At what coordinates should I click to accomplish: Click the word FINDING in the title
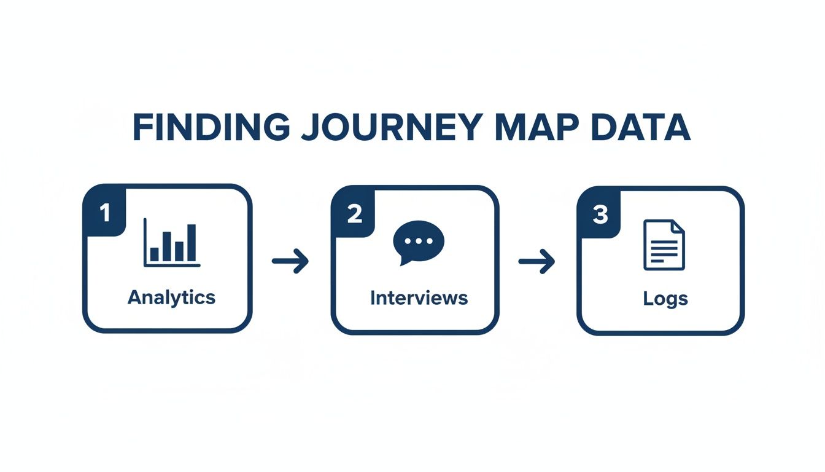coord(211,127)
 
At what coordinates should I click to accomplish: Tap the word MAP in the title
coord(535,127)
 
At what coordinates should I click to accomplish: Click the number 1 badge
coord(104,213)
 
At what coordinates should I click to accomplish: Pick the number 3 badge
coord(600,215)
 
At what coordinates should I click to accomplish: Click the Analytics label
coord(171,297)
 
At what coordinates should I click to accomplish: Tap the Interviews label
coord(419,298)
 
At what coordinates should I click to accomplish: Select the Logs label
coord(665,299)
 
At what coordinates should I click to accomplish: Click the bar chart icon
coord(171,243)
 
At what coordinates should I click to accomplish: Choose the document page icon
coord(664,245)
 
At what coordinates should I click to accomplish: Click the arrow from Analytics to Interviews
coord(290,261)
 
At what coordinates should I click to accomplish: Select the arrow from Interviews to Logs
coord(536,262)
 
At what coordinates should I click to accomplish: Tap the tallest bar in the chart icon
coord(192,243)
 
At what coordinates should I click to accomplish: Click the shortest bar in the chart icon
coord(155,254)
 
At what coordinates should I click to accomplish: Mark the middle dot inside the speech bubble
coord(419,240)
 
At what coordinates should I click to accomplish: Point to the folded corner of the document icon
coord(677,227)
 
